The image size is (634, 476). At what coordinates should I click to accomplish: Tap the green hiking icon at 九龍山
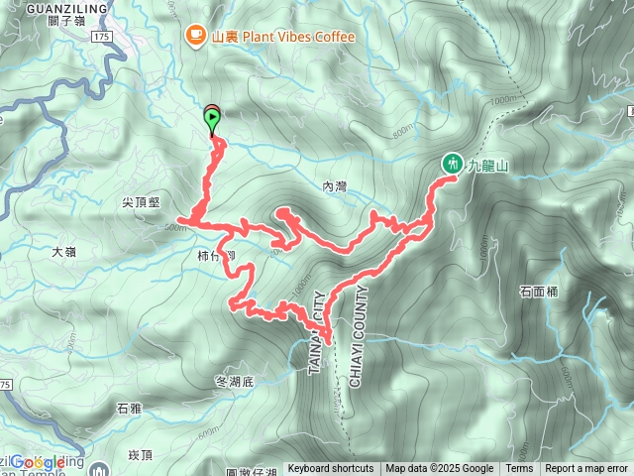tap(452, 163)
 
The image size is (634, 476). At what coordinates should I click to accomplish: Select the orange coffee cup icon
tap(193, 37)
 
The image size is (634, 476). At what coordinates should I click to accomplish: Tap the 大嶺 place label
tap(63, 252)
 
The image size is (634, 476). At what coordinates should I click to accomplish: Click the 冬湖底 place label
tap(235, 381)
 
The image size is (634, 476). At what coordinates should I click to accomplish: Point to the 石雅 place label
tap(129, 408)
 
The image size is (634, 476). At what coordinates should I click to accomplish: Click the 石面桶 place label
tap(538, 292)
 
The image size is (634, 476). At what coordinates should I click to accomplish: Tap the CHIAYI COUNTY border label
tap(358, 336)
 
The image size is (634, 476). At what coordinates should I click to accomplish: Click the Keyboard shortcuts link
tap(331, 469)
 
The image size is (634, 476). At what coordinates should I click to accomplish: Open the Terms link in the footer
tap(519, 469)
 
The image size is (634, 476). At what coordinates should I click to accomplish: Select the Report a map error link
tap(586, 469)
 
